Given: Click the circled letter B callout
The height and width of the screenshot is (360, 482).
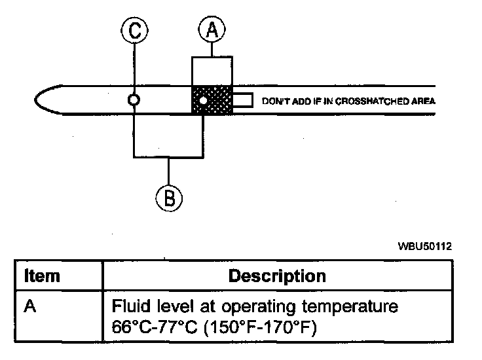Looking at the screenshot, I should pyautogui.click(x=169, y=197).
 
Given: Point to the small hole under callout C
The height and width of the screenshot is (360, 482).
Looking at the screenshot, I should pyautogui.click(x=134, y=101).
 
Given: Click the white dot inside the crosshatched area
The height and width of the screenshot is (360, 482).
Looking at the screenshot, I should pyautogui.click(x=204, y=101).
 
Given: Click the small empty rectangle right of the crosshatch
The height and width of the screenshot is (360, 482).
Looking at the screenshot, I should pyautogui.click(x=242, y=101).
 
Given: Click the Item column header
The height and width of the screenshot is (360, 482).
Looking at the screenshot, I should pyautogui.click(x=41, y=276).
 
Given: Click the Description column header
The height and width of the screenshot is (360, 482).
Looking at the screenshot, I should pyautogui.click(x=276, y=276).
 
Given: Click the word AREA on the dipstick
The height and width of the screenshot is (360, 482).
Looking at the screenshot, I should pyautogui.click(x=424, y=101).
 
